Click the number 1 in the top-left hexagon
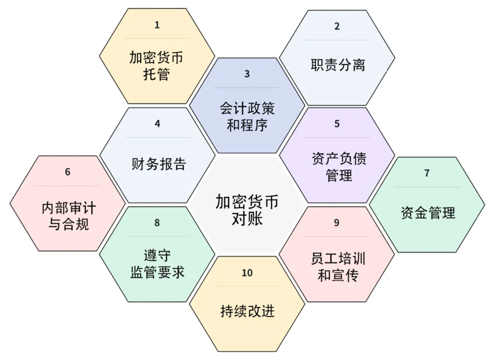(157, 25)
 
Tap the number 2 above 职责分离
(337, 26)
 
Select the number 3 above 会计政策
(247, 74)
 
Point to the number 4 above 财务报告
(157, 124)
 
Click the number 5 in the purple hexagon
(337, 124)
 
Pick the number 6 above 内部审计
(67, 172)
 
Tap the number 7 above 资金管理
(427, 173)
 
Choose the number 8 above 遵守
(157, 223)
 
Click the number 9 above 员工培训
(336, 223)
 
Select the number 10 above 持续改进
(247, 273)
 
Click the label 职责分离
(338, 65)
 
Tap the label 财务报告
(159, 164)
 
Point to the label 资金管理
(428, 213)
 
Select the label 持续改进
(247, 311)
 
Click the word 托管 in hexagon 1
(157, 75)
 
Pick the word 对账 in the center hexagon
(247, 218)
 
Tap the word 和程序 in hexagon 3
(247, 125)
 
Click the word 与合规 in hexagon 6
(68, 224)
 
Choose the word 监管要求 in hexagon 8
(157, 272)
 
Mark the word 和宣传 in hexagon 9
(338, 275)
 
